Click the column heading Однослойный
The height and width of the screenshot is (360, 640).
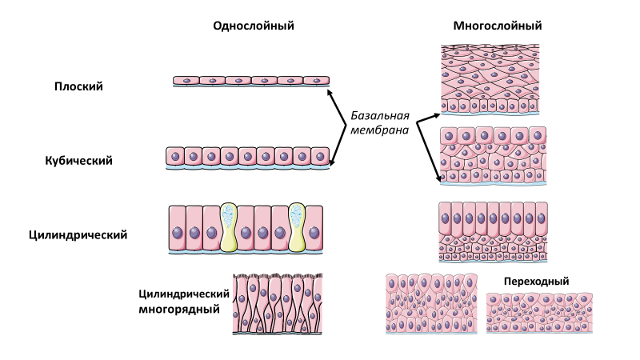[254, 26]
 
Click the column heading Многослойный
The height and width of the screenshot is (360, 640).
[496, 26]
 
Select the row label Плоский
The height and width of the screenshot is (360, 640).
[79, 86]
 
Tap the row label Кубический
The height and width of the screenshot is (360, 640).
[78, 160]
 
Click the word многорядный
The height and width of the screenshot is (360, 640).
[179, 309]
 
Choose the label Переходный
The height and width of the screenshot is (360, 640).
[536, 282]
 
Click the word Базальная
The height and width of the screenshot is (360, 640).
[381, 114]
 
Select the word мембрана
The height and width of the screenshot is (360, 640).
[380, 129]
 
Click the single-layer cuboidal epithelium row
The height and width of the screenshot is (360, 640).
[248, 157]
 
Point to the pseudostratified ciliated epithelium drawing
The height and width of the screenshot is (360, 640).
[278, 304]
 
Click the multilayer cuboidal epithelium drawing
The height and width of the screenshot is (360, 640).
[494, 154]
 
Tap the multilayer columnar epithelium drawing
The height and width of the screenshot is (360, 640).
[494, 231]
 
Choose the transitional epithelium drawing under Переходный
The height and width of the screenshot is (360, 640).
[536, 313]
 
